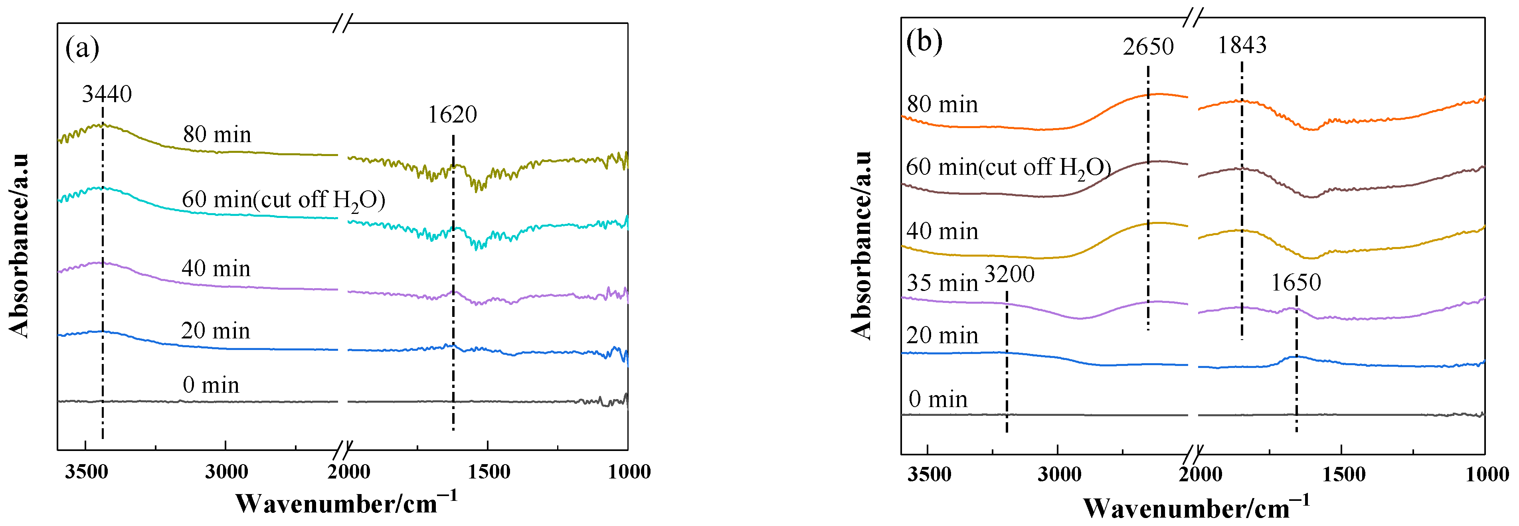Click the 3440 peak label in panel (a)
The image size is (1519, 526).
(x=107, y=94)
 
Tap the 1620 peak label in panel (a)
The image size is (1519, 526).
(x=452, y=115)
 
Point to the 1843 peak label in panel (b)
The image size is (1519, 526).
(x=1242, y=45)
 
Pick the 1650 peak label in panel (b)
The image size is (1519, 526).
(x=1296, y=283)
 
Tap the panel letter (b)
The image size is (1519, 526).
(x=924, y=41)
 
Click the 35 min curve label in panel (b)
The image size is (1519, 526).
(x=942, y=283)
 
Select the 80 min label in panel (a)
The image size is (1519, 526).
(x=217, y=134)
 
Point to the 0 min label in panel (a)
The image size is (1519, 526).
(x=210, y=385)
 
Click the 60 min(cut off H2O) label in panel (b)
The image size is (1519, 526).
(x=1008, y=168)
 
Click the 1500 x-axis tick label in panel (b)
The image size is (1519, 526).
(x=1343, y=474)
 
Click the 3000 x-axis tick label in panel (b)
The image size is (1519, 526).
(x=1059, y=474)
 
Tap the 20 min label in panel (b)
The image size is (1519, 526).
(x=942, y=336)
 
